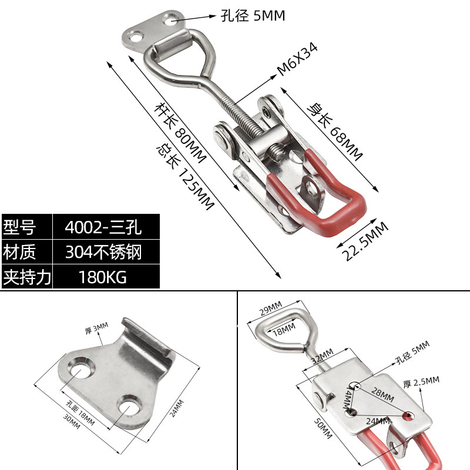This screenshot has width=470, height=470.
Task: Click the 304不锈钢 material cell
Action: coord(106,251)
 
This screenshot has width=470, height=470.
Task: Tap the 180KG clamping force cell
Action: coord(106,277)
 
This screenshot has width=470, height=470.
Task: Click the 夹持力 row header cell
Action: coord(26,277)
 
